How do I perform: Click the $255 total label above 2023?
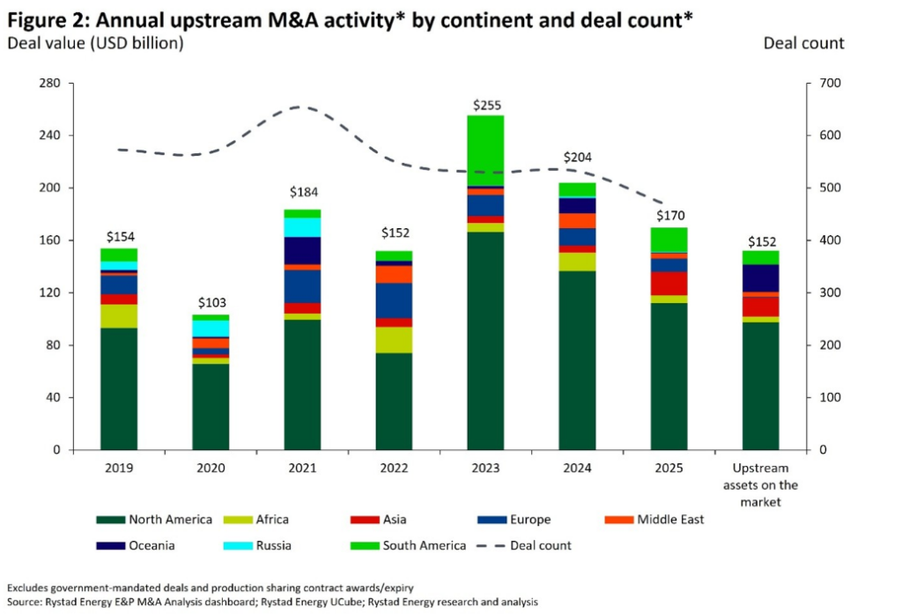click(x=486, y=106)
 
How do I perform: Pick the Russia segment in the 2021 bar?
click(x=302, y=226)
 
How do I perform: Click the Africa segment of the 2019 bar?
click(x=119, y=315)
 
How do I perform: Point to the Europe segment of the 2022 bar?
click(x=394, y=300)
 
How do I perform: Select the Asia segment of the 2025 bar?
click(x=669, y=283)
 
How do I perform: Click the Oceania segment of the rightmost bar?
click(x=761, y=277)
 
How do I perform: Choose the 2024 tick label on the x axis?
click(x=578, y=468)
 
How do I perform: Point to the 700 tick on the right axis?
click(x=832, y=84)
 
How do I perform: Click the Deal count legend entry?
click(x=526, y=546)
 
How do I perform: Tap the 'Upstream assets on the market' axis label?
click(x=761, y=485)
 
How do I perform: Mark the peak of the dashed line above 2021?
click(x=302, y=107)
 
